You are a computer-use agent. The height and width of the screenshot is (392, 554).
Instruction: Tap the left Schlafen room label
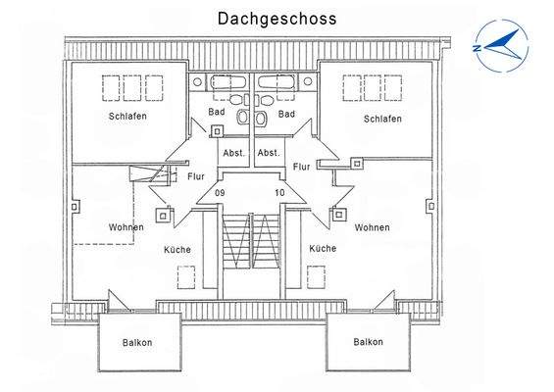(x=127, y=119)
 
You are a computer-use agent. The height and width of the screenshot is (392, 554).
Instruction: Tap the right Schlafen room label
(x=382, y=119)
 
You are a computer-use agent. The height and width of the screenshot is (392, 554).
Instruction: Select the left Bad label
(x=217, y=114)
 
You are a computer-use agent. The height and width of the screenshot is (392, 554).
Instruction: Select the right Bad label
(x=286, y=114)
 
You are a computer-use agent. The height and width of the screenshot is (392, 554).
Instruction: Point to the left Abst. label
(x=233, y=153)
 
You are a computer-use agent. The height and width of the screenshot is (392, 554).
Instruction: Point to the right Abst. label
(x=268, y=153)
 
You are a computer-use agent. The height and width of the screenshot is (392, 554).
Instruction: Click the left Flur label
(x=194, y=176)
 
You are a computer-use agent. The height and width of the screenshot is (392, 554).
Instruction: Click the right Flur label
(x=302, y=168)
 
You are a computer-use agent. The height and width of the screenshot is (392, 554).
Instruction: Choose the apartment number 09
(x=220, y=193)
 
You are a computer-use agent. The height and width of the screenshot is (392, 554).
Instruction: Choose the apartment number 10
(x=279, y=193)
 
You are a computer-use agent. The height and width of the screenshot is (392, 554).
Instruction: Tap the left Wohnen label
(x=127, y=227)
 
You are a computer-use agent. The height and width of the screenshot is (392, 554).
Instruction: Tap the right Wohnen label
(x=372, y=227)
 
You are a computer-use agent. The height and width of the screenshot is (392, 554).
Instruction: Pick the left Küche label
(x=176, y=249)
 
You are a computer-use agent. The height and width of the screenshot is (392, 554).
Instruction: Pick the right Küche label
(x=323, y=249)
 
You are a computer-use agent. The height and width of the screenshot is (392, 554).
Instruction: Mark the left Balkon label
(x=137, y=342)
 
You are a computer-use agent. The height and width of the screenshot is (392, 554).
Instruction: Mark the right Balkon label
(x=368, y=342)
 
